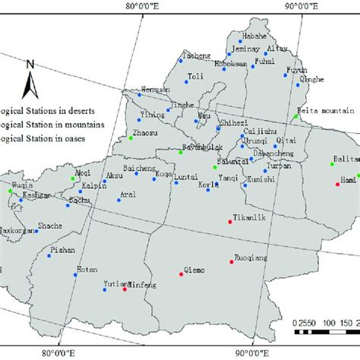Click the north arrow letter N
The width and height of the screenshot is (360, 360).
27,65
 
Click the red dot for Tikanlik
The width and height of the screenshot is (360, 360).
230,221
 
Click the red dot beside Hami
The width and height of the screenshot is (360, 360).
337,183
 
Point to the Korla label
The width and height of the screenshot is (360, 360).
209,185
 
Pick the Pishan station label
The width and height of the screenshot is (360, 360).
63,248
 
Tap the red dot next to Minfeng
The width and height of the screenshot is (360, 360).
125,289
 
